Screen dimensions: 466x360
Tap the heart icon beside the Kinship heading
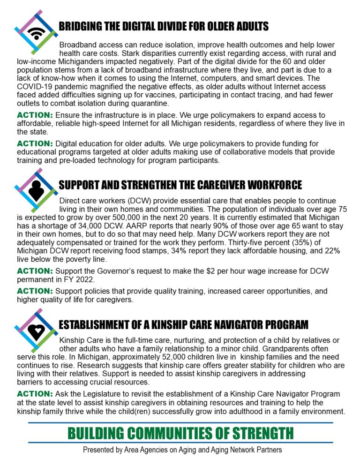coord(36,331)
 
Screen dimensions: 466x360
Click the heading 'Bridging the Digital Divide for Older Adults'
coord(163,26)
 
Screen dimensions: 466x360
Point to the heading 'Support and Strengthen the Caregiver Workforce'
coord(180,184)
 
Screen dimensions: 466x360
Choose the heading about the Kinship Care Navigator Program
coord(183,324)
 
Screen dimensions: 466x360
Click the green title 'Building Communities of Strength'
coord(180,433)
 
